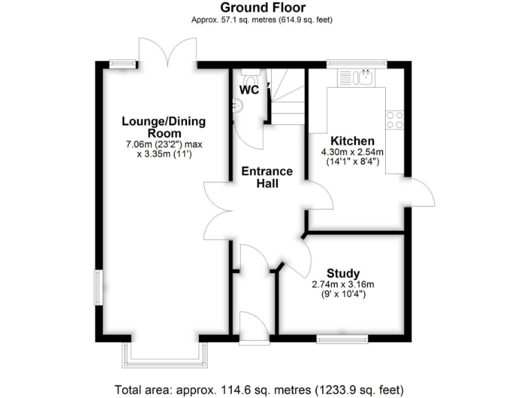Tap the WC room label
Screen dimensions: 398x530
click(x=249, y=90)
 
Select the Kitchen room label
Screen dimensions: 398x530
click(x=352, y=140)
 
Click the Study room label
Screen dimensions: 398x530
click(x=343, y=273)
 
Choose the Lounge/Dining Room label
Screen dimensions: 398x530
click(x=164, y=127)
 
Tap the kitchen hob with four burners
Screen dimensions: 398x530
click(x=395, y=120)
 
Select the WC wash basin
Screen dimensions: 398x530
click(x=238, y=106)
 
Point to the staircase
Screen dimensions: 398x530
click(x=284, y=97)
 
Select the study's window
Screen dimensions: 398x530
click(x=342, y=339)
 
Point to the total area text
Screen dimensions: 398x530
click(x=264, y=388)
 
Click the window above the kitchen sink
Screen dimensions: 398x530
click(x=357, y=64)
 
